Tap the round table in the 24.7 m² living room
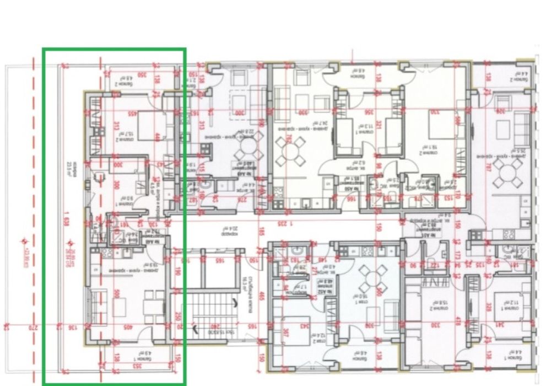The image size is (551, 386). pos(290,150)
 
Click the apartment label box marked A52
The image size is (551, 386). pos(318,286)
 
